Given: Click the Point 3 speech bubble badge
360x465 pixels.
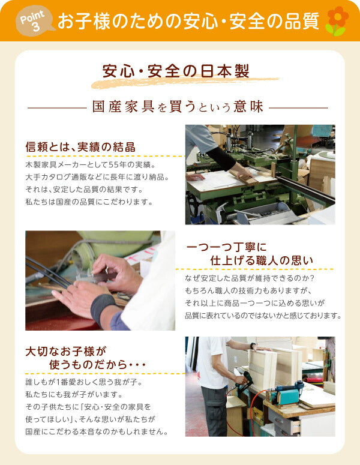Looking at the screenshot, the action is pyautogui.click(x=35, y=21).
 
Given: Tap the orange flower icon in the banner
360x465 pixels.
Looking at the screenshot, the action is pyautogui.click(x=337, y=21).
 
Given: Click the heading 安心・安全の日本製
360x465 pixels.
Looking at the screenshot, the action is pyautogui.click(x=176, y=71).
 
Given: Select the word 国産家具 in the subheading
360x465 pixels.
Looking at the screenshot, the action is pyautogui.click(x=124, y=107).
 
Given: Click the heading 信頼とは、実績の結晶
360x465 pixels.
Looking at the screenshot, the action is pyautogui.click(x=80, y=147).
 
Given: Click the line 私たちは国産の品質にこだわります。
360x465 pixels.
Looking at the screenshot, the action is pyautogui.click(x=89, y=202).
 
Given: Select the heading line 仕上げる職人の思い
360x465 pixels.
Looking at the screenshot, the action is pyautogui.click(x=262, y=260).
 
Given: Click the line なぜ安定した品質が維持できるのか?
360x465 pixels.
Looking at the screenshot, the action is pyautogui.click(x=250, y=278).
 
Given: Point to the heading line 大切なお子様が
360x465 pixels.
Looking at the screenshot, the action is pyautogui.click(x=65, y=352).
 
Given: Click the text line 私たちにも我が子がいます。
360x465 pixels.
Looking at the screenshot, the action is pyautogui.click(x=74, y=395).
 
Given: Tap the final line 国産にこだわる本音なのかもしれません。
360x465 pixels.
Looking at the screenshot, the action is pyautogui.click(x=97, y=431).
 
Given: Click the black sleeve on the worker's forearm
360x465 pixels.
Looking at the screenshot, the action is pyautogui.click(x=221, y=158).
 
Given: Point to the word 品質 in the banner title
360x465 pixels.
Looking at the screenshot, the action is pyautogui.click(x=302, y=22).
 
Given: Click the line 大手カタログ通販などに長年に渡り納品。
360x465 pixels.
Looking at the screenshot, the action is pyautogui.click(x=97, y=177).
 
